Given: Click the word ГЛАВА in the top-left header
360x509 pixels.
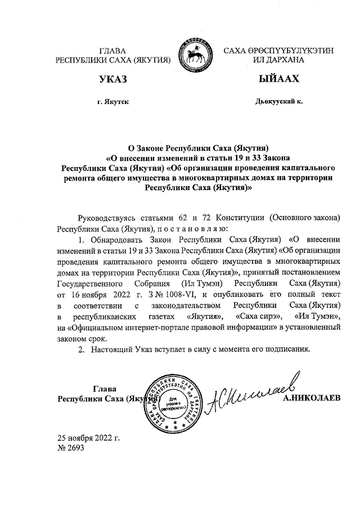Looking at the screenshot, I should (x=112, y=51).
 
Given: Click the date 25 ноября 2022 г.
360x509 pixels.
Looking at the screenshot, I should (x=88, y=438).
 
